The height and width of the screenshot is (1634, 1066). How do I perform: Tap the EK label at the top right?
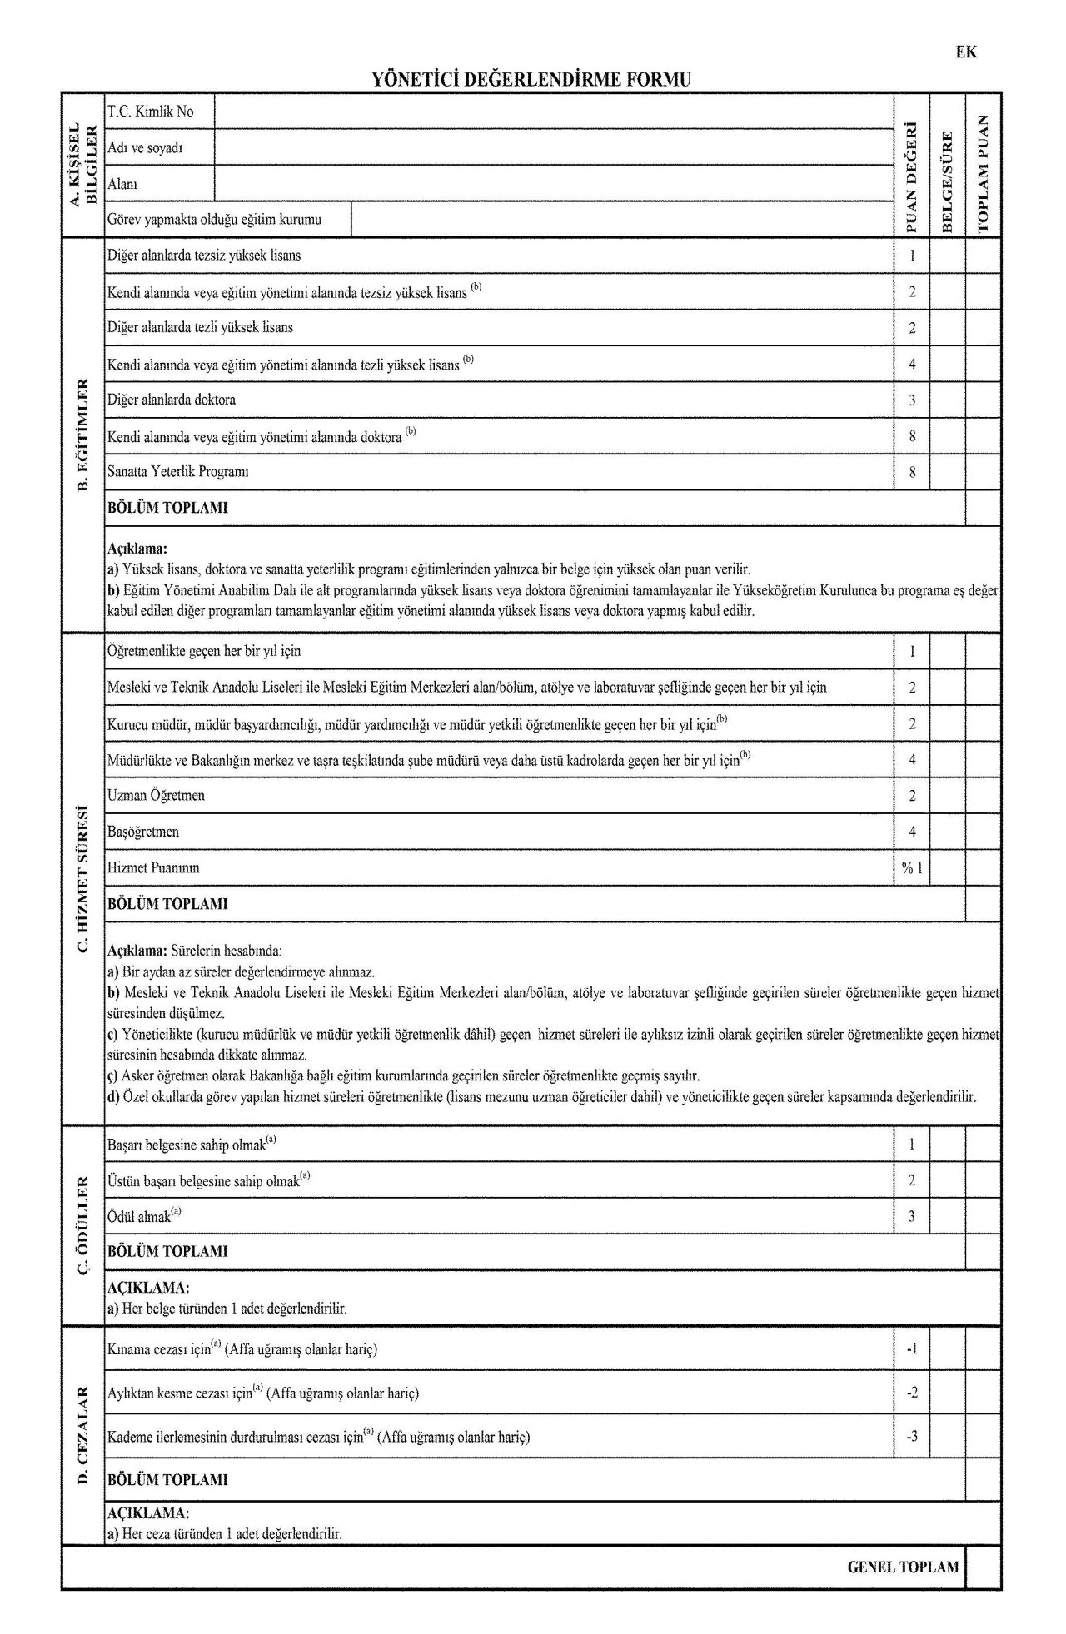click(x=966, y=52)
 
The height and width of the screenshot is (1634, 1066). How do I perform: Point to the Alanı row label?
click(x=122, y=184)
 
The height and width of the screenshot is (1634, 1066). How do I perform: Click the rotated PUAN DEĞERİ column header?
click(x=912, y=177)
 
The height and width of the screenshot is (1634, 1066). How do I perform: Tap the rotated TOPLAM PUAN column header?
click(x=984, y=173)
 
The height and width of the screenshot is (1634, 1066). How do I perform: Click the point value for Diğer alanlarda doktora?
click(x=912, y=400)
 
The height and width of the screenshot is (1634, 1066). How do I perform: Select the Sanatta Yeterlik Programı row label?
click(x=178, y=472)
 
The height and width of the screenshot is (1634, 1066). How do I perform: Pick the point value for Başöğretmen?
click(x=912, y=832)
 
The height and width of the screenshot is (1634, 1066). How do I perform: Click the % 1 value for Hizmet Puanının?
click(x=912, y=868)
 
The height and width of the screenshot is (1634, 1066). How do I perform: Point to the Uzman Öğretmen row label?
click(x=156, y=796)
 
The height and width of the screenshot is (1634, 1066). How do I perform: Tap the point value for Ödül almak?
click(x=912, y=1216)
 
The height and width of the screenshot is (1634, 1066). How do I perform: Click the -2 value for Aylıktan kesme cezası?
click(x=912, y=1393)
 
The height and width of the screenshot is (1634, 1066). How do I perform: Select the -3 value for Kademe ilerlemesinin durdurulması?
click(x=912, y=1436)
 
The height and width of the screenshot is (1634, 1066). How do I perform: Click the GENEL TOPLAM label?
click(x=903, y=1567)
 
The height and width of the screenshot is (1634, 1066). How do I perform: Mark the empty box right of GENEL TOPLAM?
click(x=984, y=1567)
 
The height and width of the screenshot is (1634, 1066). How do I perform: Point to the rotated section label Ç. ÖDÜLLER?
click(x=82, y=1223)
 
